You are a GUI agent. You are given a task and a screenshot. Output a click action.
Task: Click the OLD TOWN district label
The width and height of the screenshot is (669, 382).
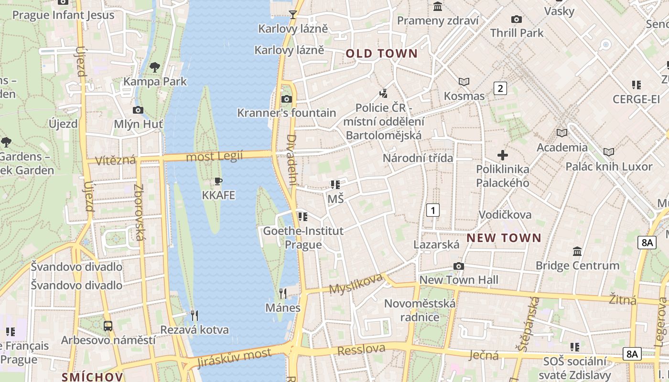coord(381,53)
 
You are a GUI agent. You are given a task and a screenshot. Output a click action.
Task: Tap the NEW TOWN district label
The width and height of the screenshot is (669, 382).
coord(504,238)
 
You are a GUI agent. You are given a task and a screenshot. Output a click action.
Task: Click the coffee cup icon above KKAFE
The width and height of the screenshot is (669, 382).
coord(218,181)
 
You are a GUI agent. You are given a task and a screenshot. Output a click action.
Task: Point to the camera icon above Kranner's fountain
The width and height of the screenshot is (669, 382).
coord(286,99)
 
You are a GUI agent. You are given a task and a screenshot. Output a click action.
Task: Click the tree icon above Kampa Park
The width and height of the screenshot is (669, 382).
coord(154,67)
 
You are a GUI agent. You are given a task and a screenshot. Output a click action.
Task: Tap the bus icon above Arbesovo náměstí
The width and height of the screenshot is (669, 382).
coord(108,327)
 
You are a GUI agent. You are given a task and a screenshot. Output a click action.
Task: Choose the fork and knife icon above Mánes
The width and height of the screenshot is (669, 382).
coord(283,293)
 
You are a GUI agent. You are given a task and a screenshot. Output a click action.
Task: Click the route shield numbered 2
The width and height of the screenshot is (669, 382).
coord(500,88)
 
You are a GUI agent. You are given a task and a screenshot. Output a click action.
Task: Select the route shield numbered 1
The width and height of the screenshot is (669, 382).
coord(432,210)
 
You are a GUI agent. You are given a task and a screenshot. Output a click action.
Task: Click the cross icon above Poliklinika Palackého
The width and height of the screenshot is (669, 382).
coord(503,155)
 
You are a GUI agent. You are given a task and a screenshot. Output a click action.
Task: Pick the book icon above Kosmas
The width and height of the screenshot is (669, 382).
coord(464,82)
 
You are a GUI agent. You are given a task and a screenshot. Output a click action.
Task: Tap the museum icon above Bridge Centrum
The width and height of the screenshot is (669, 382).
coord(577,252)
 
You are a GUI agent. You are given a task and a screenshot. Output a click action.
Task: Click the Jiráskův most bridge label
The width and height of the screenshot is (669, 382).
coord(234,358)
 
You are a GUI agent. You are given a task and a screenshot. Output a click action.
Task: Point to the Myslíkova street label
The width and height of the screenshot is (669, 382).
coord(356,283)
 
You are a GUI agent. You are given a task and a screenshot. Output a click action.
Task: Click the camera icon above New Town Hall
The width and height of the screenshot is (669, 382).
coord(458,266)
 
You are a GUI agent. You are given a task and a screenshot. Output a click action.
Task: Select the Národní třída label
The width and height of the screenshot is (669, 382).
coord(417,158)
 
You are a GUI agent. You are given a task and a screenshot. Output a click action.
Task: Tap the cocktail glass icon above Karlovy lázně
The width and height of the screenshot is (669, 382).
coord(293,15)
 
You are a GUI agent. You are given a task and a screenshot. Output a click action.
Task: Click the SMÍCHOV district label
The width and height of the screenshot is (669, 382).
coord(92,377)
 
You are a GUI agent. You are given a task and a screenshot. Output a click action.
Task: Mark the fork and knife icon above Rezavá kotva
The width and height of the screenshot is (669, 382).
coord(194,316)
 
